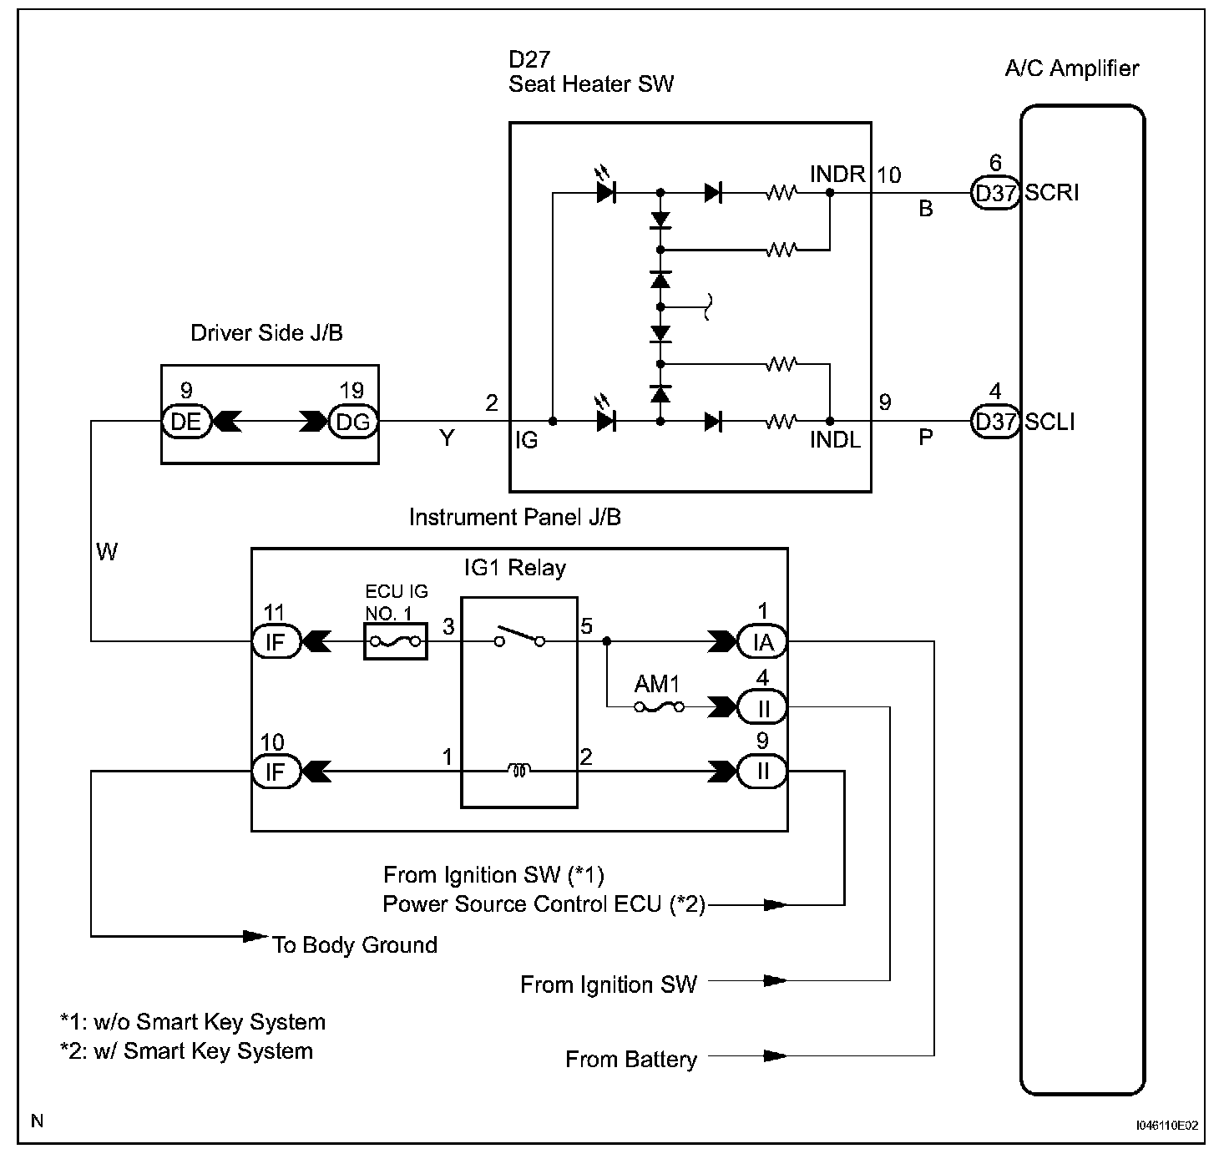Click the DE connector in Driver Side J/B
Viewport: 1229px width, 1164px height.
(185, 422)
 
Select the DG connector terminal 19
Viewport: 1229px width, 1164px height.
(352, 422)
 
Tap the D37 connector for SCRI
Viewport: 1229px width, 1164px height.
(995, 194)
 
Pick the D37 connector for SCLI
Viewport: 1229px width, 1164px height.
(995, 422)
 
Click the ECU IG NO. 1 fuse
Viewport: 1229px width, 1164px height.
(396, 642)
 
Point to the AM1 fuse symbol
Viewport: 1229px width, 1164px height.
(659, 707)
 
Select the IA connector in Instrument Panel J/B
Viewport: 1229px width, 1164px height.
(762, 642)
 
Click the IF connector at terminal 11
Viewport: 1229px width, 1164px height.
(276, 642)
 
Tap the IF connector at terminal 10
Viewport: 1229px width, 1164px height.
(276, 772)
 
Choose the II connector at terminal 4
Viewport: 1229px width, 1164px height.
(762, 708)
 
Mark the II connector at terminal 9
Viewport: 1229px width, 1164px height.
(762, 772)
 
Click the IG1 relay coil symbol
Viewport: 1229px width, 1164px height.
(518, 772)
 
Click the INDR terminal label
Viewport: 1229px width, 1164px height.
(837, 174)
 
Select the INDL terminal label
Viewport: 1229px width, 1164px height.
(835, 439)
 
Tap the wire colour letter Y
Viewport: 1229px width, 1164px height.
(448, 438)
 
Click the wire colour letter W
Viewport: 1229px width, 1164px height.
(107, 552)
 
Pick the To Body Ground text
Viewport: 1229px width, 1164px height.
(355, 945)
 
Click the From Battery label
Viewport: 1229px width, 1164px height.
(631, 1060)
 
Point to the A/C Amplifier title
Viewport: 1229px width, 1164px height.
(1072, 68)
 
